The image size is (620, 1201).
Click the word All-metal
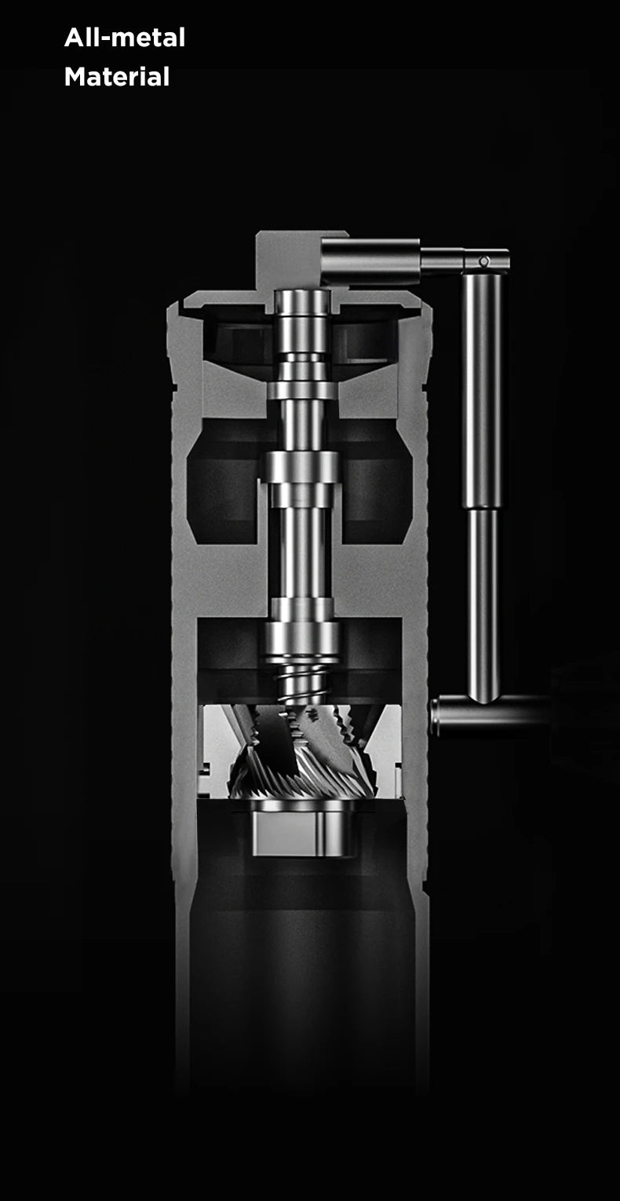tap(125, 38)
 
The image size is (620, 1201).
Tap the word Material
tap(117, 77)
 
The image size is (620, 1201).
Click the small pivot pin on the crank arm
tap(484, 261)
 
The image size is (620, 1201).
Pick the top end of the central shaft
tap(302, 302)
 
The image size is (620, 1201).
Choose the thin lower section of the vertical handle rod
tap(483, 604)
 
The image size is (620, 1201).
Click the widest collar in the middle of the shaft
tap(302, 469)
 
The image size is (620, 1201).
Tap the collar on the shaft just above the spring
tap(302, 636)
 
